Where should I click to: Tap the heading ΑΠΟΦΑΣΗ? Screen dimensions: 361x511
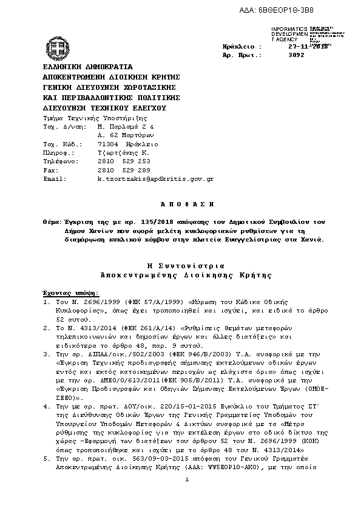[x=181, y=206]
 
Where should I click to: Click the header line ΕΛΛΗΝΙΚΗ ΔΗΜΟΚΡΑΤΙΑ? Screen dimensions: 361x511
[x=88, y=66]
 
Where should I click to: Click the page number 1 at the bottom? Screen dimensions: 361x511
[x=188, y=479]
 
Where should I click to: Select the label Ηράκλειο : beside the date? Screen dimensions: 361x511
[x=242, y=46]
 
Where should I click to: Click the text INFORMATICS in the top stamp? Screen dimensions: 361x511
[x=289, y=29]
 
